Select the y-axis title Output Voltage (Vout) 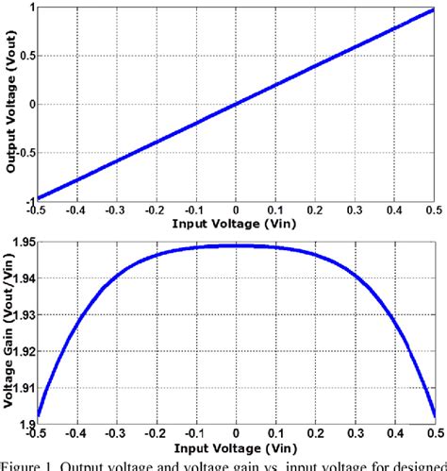pos(8,104)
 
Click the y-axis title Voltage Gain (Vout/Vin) pos(8,330)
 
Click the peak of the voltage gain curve pos(236,245)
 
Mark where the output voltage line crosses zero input pos(236,104)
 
